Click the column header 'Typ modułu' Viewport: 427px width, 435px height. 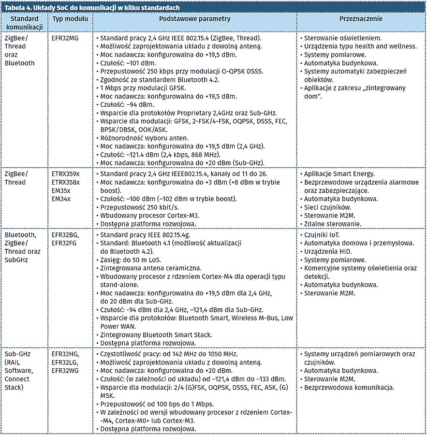point(70,19)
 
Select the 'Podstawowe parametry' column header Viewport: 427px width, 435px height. point(194,19)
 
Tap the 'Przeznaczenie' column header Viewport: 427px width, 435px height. point(361,19)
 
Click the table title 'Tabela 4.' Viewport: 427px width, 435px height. point(19,8)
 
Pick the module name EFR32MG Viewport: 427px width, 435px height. point(65,38)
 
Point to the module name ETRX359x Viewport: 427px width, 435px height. point(66,174)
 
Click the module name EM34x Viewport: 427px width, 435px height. point(61,199)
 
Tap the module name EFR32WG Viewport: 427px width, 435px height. point(65,371)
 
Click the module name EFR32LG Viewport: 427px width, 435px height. point(65,362)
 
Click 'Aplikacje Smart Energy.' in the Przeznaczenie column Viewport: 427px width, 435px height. point(339,174)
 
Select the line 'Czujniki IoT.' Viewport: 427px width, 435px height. point(322,235)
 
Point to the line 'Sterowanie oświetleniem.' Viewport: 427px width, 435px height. point(342,38)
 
